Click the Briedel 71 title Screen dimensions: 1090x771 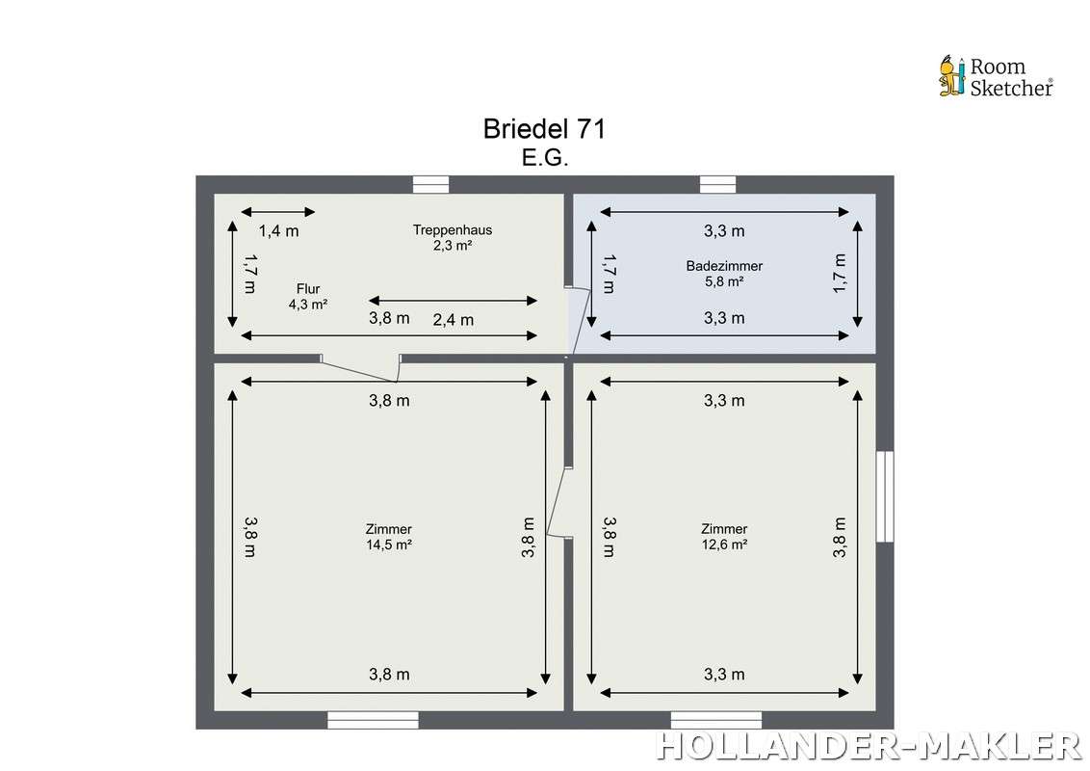point(544,129)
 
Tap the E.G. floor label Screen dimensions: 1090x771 point(545,158)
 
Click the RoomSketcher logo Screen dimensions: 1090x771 point(996,76)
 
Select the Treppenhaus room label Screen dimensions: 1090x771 point(453,237)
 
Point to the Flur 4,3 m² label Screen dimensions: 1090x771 point(308,297)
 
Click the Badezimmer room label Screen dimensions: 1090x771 point(724,274)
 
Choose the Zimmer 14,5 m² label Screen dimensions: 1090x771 point(389,537)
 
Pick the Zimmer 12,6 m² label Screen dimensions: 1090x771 point(724,537)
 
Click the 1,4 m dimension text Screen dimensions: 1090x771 point(278,231)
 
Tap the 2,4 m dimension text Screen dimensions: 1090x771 point(454,320)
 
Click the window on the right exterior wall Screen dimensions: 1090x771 point(885,496)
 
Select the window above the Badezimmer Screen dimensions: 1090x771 point(717,184)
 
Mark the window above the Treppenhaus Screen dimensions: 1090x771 point(431,184)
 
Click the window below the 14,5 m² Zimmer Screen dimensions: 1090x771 point(374,720)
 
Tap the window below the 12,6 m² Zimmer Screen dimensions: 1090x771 point(716,720)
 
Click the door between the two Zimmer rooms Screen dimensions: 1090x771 point(558,502)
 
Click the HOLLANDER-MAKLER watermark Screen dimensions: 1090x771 point(869,746)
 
